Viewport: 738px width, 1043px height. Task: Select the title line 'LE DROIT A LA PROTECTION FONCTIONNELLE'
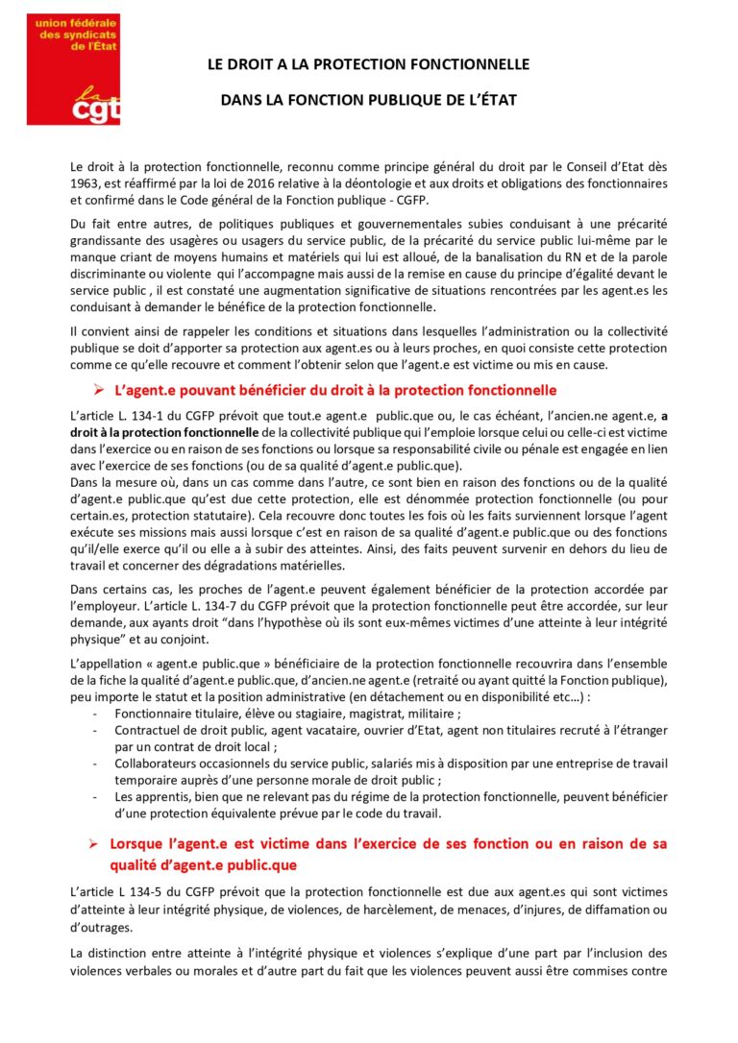[369, 64]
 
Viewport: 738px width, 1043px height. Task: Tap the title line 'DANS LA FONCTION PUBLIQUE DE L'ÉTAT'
[369, 99]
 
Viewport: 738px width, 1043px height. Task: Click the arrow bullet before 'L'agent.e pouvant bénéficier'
[97, 392]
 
